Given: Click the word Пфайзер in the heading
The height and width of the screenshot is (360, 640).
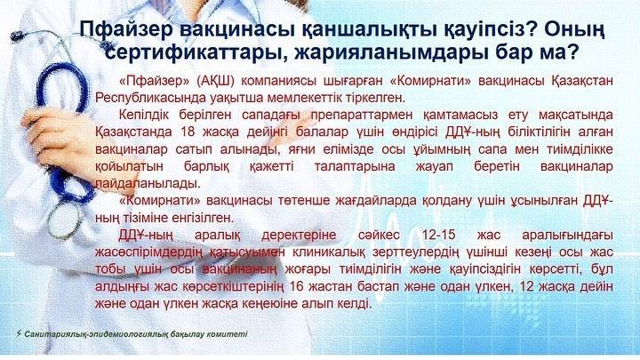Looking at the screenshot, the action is [125, 30].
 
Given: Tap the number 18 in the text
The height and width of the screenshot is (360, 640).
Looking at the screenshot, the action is [188, 132].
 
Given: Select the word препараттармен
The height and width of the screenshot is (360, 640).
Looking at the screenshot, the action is [362, 115].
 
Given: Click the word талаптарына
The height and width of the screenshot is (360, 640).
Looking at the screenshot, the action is [355, 166].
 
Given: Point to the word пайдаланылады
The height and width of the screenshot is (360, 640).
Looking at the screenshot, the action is [148, 184].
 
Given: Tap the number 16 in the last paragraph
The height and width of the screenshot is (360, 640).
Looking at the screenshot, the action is [296, 286].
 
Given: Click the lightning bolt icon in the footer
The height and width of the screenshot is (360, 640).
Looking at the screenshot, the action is [19, 334].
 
